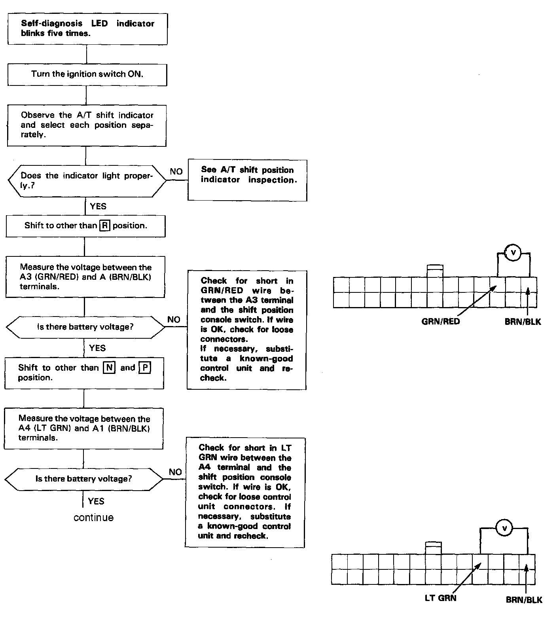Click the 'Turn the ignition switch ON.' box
pos(87,74)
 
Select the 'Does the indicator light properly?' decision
pos(87,181)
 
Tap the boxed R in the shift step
pos(105,226)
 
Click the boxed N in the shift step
pos(109,368)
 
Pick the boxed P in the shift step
pos(145,368)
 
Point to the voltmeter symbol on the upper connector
pos(513,253)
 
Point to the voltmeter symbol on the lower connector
pos(504,528)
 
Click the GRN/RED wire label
pos(441,321)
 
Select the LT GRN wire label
pos(440,598)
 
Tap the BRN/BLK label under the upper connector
pos(523,322)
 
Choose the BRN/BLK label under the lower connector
pos(524,600)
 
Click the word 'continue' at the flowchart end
pos(94,518)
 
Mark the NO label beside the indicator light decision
pos(176,171)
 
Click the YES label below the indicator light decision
pos(98,206)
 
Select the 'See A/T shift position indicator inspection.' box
pos(247,180)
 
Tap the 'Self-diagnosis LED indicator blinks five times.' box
pos(87,29)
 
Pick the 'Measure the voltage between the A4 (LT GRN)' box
pos(83,429)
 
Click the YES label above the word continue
pos(96,501)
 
